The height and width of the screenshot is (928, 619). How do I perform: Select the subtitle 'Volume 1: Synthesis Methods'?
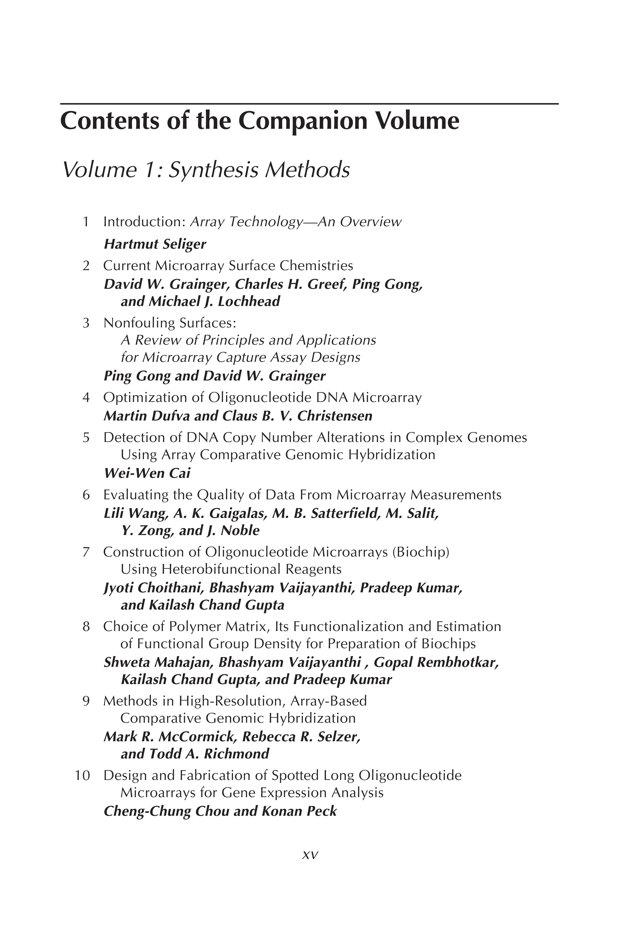pyautogui.click(x=206, y=170)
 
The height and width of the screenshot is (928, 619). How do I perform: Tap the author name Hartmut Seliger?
pyautogui.click(x=155, y=244)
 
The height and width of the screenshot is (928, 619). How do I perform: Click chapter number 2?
pyautogui.click(x=86, y=266)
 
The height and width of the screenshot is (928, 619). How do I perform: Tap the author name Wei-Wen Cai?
pyautogui.click(x=147, y=473)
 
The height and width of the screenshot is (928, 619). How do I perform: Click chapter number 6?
pyautogui.click(x=86, y=495)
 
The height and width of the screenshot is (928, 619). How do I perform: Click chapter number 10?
pyautogui.click(x=83, y=775)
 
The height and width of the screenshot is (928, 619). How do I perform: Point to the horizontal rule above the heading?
pyautogui.click(x=309, y=104)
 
